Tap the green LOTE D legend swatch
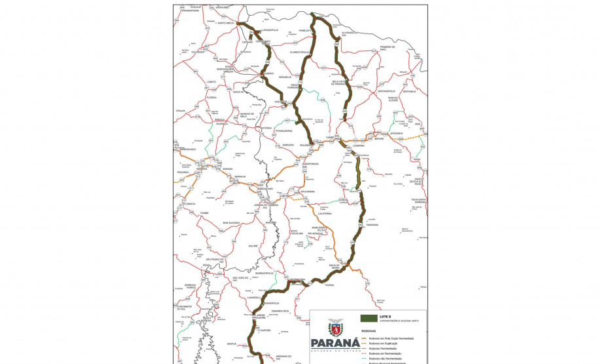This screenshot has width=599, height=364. pyautogui.click(x=369, y=317)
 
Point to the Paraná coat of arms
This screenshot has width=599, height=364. pyautogui.click(x=335, y=327)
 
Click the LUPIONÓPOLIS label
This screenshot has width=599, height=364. pyautogui.click(x=270, y=30)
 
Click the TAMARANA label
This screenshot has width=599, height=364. pyautogui.click(x=372, y=224)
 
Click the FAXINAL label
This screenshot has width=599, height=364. pyautogui.click(x=329, y=285)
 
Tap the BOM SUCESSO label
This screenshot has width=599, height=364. pyautogui.click(x=231, y=223)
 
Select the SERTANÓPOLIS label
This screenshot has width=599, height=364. pyautogui.click(x=386, y=91)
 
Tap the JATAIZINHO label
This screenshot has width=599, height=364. pyautogui.click(x=397, y=133)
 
